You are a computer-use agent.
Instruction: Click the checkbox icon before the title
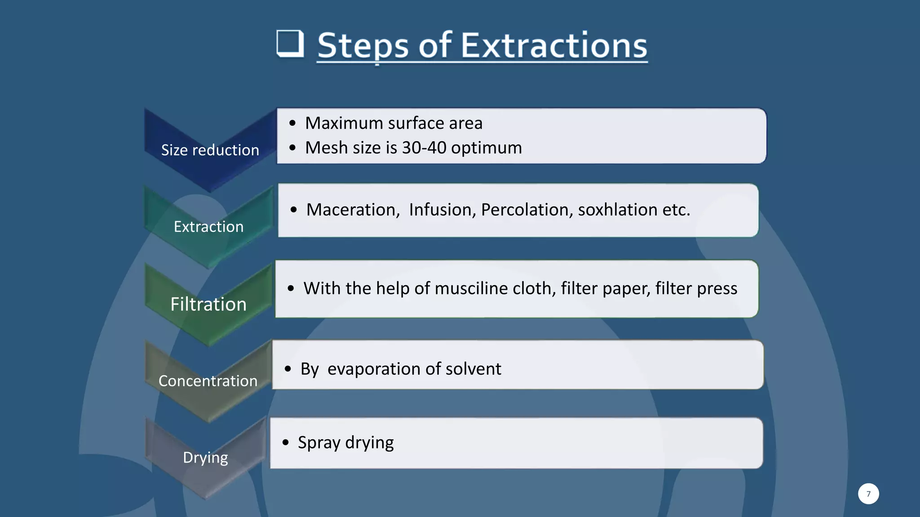point(290,44)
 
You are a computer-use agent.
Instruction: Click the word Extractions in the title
point(553,45)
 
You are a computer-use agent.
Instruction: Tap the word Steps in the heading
point(363,45)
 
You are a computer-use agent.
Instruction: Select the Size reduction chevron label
point(210,150)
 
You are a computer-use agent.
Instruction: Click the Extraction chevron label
point(208,227)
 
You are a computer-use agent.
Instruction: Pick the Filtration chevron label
point(208,304)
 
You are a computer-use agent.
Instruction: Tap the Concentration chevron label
point(208,381)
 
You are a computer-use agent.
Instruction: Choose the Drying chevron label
point(205,457)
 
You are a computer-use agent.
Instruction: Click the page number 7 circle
point(868,494)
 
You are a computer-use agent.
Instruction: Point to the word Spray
point(319,443)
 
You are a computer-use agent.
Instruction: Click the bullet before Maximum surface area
point(293,123)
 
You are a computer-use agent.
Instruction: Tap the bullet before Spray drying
point(286,443)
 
